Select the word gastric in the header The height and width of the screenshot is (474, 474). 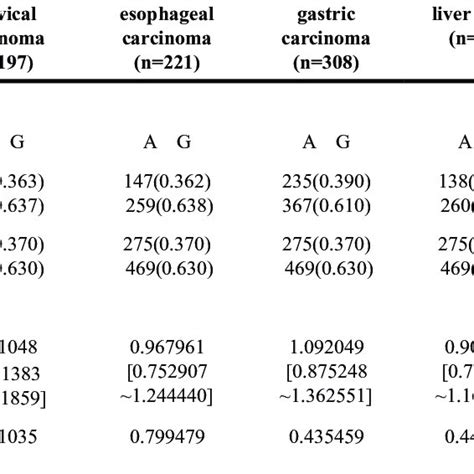(326, 16)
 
